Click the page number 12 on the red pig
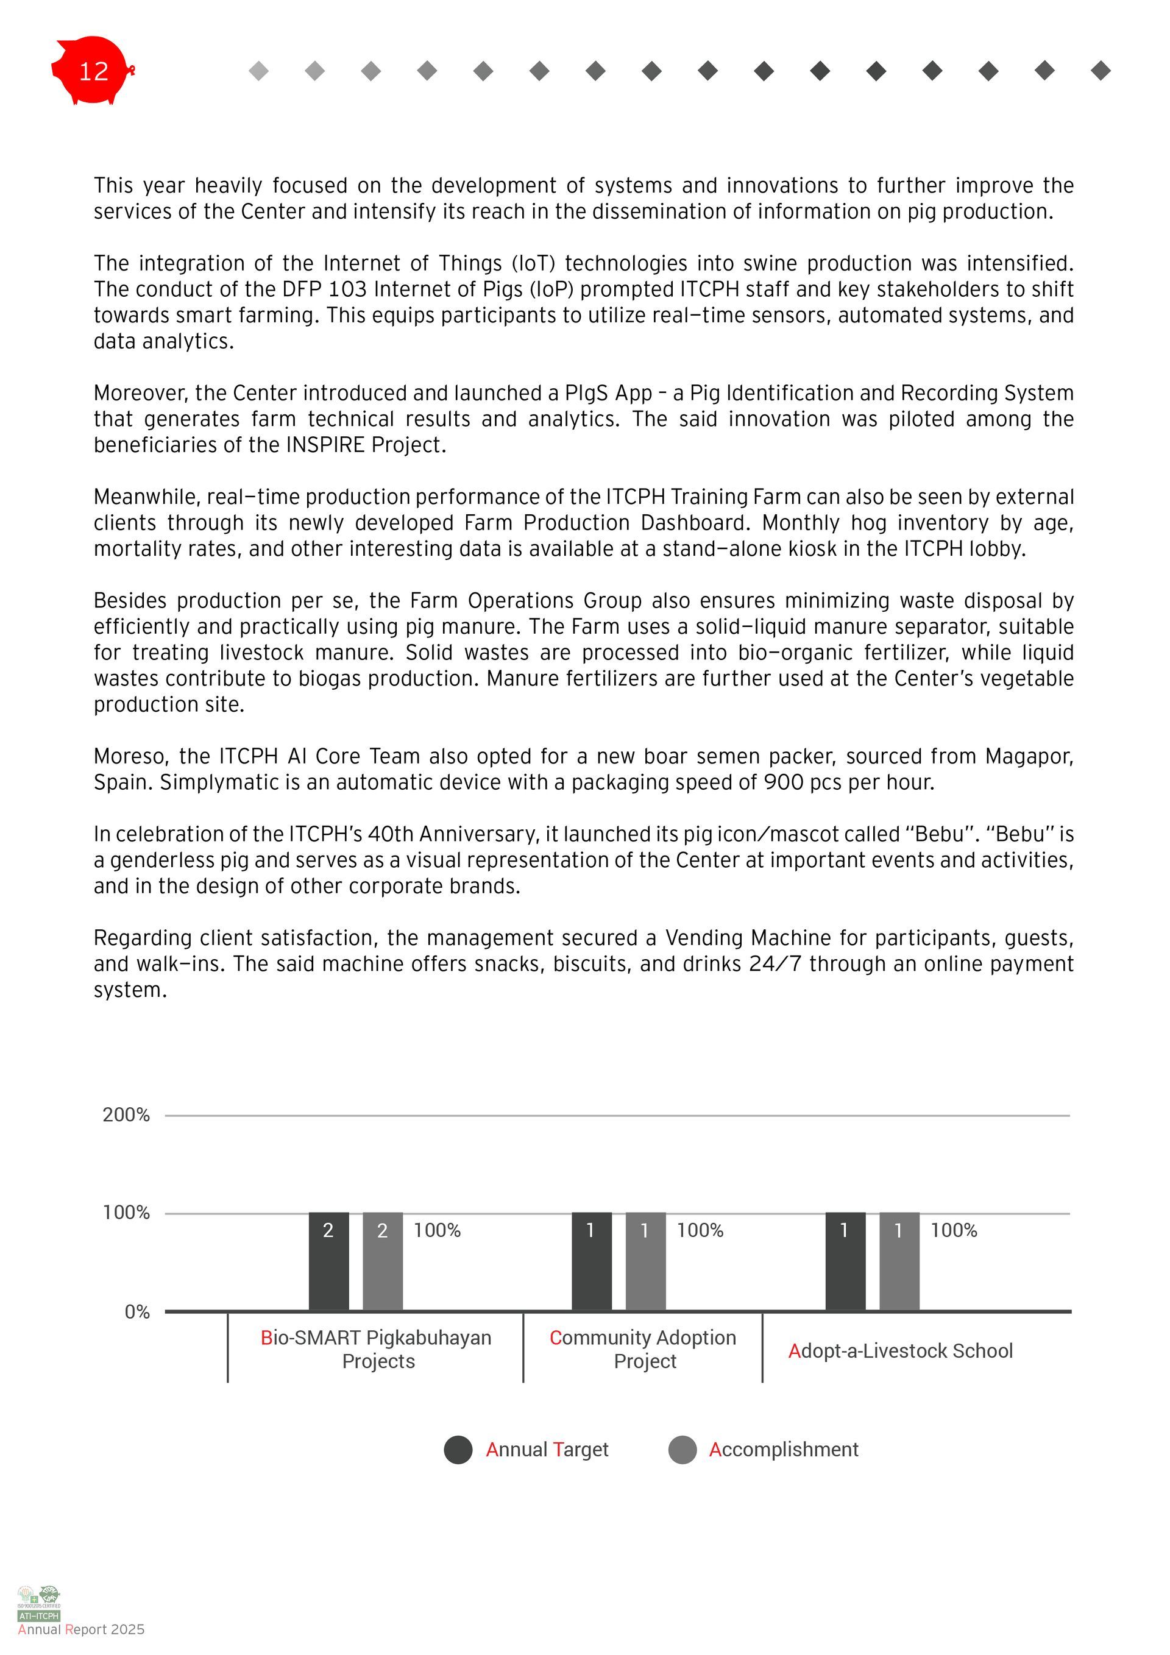[x=93, y=71]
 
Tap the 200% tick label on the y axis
[x=126, y=1115]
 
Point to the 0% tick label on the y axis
[x=137, y=1312]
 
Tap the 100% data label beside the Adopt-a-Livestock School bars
[x=953, y=1230]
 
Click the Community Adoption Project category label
[x=643, y=1349]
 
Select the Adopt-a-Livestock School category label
[x=901, y=1351]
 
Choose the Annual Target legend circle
[x=458, y=1450]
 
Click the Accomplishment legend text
[x=784, y=1450]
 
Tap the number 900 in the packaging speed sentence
[x=784, y=782]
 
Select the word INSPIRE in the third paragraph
[x=326, y=445]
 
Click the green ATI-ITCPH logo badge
[x=39, y=1616]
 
